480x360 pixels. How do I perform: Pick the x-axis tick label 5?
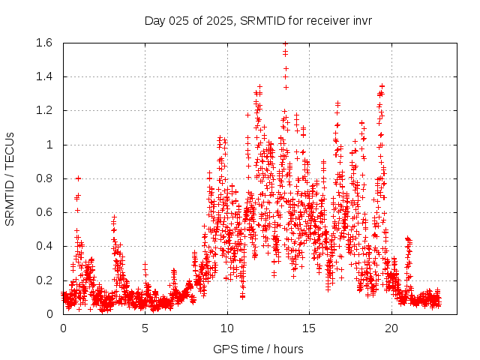pyautogui.click(x=145, y=328)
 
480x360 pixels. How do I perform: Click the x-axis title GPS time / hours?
pyautogui.click(x=258, y=349)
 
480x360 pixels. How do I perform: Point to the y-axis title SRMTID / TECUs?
pyautogui.click(x=10, y=178)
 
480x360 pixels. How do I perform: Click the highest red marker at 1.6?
pyautogui.click(x=285, y=43)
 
